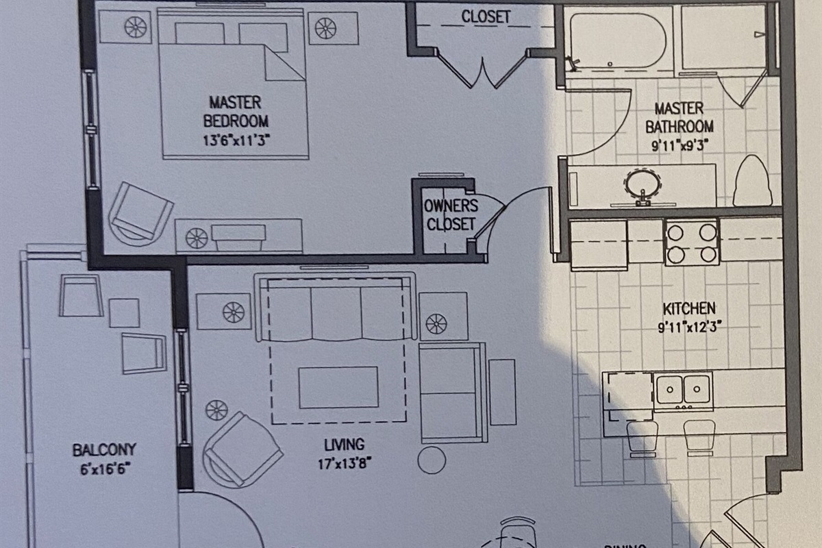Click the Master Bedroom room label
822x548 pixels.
coord(235,112)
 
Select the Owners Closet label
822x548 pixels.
coord(450,214)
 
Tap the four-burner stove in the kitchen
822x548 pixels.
coord(691,242)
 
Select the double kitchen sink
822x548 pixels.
coord(682,390)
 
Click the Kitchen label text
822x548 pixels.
coord(688,308)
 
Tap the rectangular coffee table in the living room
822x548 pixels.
coord(338,387)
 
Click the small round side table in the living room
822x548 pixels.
coord(432,459)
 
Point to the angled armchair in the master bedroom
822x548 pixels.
coord(140,212)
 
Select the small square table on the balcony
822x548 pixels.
coord(124,313)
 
